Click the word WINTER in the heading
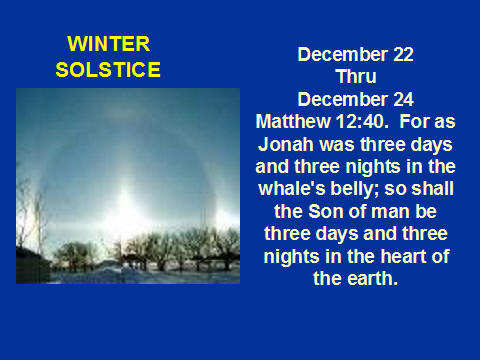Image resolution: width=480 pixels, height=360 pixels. click(109, 44)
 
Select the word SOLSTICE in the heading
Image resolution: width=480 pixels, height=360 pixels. click(108, 69)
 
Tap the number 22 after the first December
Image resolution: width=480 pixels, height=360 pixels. click(403, 54)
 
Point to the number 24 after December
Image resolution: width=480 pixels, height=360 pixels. click(403, 100)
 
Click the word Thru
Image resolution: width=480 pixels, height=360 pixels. click(356, 77)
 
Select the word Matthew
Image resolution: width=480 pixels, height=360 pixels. click(293, 121)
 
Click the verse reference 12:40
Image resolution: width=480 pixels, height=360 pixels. click(362, 121)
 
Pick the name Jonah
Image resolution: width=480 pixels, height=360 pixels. click(286, 144)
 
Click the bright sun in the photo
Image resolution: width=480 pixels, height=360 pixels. click(125, 213)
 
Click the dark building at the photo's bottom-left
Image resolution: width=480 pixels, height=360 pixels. click(33, 265)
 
